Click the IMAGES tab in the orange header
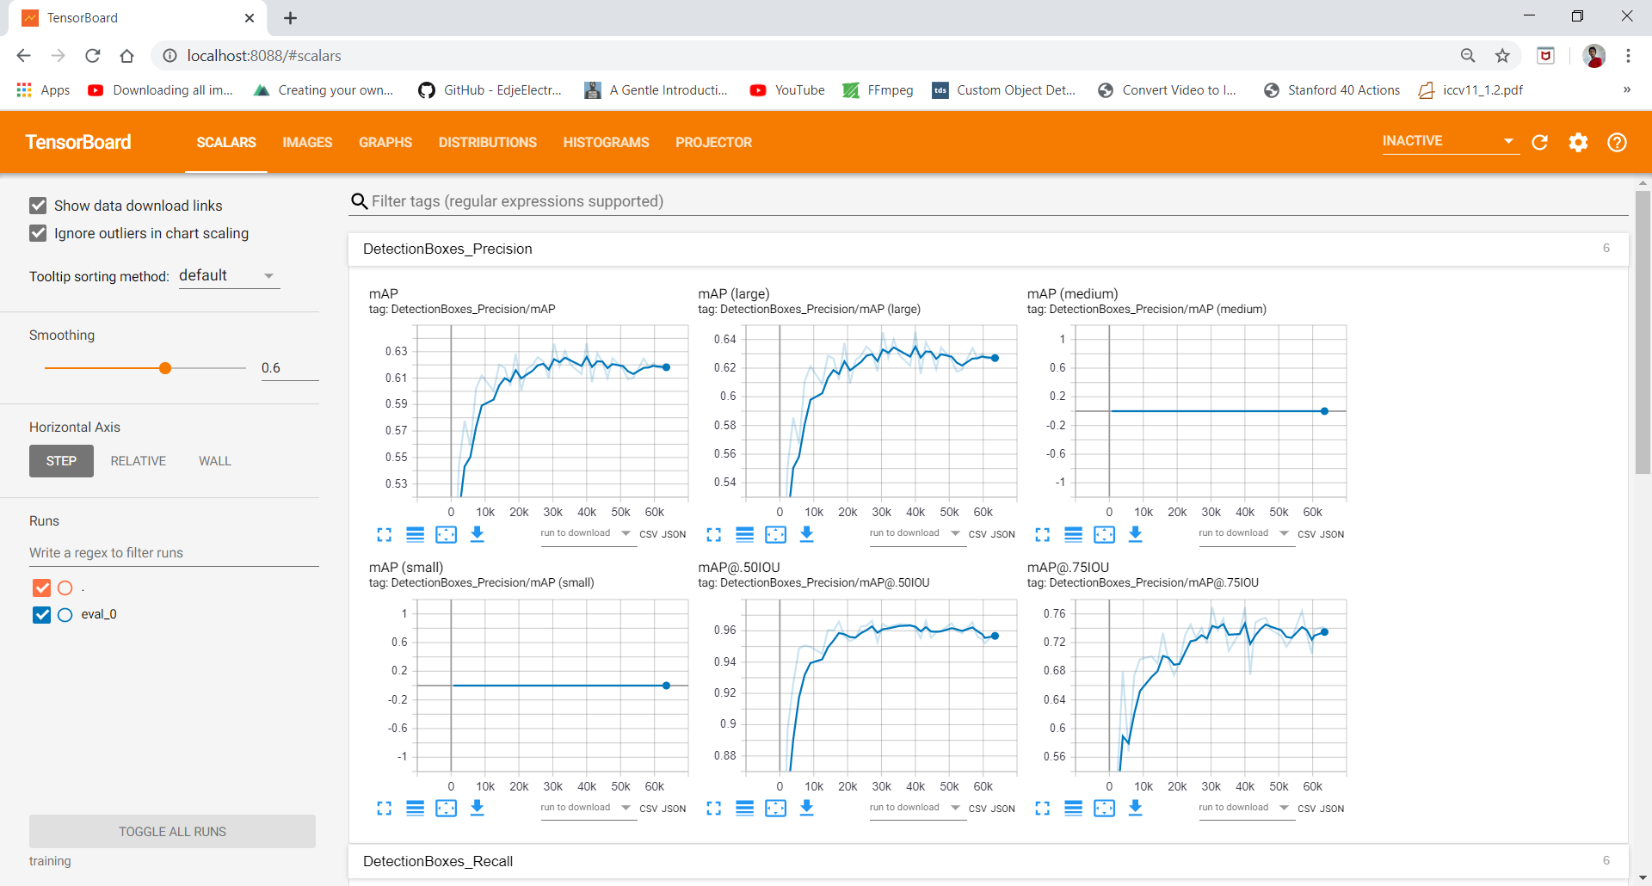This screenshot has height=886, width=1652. (307, 142)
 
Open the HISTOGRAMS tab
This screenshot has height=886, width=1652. (606, 142)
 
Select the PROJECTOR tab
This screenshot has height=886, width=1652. (713, 142)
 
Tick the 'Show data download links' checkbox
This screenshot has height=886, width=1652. (38, 206)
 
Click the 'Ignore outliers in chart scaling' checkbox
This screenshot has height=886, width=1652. (38, 233)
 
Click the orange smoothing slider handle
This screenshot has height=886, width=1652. (165, 368)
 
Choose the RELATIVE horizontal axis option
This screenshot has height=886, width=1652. (138, 461)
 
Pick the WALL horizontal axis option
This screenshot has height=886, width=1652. (214, 461)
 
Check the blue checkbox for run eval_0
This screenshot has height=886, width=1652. (41, 614)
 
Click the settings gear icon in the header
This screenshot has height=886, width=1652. (1578, 142)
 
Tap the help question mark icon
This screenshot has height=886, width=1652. (1617, 142)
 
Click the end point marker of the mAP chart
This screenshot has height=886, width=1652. (666, 367)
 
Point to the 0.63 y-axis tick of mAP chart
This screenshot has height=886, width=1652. (396, 351)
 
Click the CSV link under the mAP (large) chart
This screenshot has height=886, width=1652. (977, 534)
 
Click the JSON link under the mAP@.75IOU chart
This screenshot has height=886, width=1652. (1332, 809)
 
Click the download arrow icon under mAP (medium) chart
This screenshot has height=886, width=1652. (1135, 534)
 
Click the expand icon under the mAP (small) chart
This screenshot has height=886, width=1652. (384, 808)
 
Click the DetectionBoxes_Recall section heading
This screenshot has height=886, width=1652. (438, 861)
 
